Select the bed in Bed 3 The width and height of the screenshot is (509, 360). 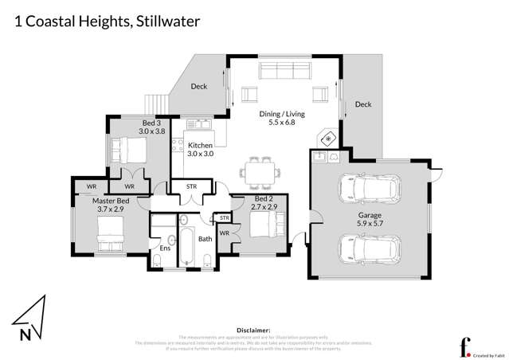[x=127, y=148]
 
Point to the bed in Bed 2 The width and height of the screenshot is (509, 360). [x=260, y=225]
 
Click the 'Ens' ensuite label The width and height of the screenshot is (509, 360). [x=165, y=248]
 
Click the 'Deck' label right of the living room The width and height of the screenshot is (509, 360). [x=363, y=104]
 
